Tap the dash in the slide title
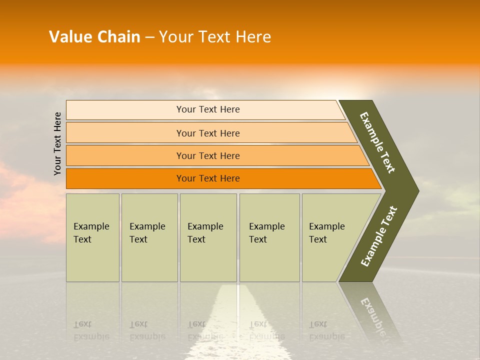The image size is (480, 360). tap(149, 37)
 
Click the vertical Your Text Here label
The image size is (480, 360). tap(57, 143)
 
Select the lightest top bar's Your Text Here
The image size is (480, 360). tap(208, 109)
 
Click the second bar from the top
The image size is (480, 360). tap(208, 133)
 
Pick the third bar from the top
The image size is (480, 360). tap(208, 156)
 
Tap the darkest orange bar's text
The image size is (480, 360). tap(208, 178)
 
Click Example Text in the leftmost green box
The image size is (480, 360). tap(91, 233)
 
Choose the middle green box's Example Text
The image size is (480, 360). tap(205, 233)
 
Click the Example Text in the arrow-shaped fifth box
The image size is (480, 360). tap(326, 233)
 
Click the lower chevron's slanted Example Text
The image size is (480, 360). tap(379, 236)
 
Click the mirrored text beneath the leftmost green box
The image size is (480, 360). tap(91, 330)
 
